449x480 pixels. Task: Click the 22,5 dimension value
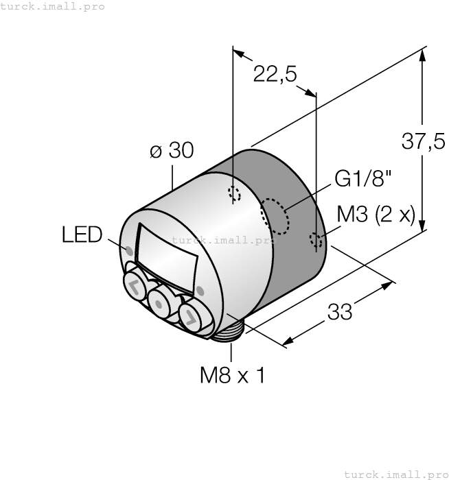pos(275,74)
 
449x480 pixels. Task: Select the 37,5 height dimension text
pos(423,142)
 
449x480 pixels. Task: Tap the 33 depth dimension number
pos(339,312)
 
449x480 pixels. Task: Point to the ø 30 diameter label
pos(172,151)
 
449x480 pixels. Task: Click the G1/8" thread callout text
pos(363,180)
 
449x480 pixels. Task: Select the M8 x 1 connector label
pos(232,375)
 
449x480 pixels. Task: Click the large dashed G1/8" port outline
pos(275,216)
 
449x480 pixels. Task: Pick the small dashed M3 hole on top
pos(235,194)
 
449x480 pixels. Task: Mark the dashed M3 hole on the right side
pos(316,240)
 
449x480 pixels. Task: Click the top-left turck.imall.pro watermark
pos(53,6)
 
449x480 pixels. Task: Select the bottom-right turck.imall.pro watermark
pos(395,474)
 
